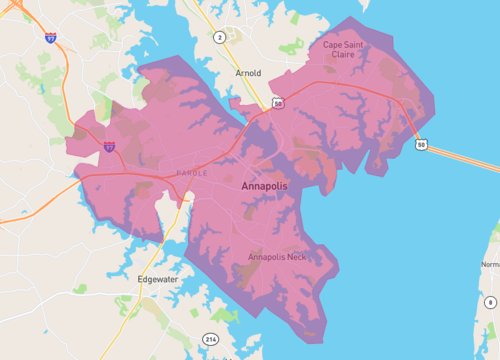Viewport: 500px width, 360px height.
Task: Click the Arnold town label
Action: click(247, 73)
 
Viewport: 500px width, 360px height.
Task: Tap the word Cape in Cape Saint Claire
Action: click(334, 45)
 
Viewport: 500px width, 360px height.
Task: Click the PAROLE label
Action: click(191, 172)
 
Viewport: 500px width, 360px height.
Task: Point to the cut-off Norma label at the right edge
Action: click(490, 265)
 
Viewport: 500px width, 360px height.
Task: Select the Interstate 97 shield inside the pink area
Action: click(109, 146)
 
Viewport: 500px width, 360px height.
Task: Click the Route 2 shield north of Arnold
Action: click(218, 37)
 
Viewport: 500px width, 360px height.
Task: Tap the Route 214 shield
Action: click(211, 341)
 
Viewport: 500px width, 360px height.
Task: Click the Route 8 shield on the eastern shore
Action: click(490, 301)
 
